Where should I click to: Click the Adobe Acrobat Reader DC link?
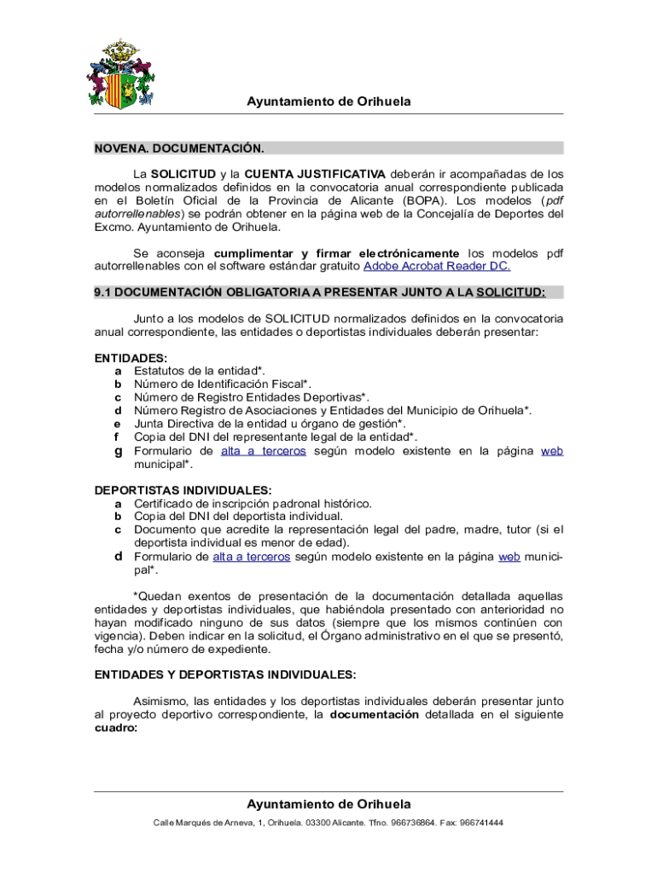437,266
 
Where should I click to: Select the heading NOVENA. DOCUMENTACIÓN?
179,148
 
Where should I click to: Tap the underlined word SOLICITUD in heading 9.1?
509,292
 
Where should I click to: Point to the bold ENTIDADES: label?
131,358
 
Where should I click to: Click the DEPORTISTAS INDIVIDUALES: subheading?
183,490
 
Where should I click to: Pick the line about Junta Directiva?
270,424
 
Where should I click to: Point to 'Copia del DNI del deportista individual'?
238,516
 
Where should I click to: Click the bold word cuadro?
115,728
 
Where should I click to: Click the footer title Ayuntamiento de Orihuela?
328,804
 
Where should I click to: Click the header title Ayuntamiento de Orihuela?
328,101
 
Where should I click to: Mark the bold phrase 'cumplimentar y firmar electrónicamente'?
336,253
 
